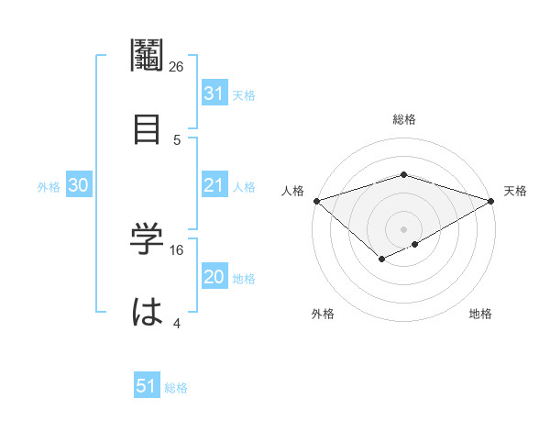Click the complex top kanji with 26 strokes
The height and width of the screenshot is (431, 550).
147,57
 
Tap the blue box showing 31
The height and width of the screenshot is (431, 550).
214,93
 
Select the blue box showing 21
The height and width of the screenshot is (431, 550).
214,185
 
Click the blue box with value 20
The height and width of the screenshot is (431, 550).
214,278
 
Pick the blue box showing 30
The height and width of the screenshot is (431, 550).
79,185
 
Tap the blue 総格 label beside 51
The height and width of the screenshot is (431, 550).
176,388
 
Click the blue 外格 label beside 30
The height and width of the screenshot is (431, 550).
49,187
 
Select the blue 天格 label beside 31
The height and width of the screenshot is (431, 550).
244,94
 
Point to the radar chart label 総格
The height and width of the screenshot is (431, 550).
403,119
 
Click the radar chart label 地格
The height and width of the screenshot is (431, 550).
480,315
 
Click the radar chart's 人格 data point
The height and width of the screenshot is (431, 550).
316,201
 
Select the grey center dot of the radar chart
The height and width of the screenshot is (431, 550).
403,228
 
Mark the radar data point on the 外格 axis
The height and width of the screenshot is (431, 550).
381,260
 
